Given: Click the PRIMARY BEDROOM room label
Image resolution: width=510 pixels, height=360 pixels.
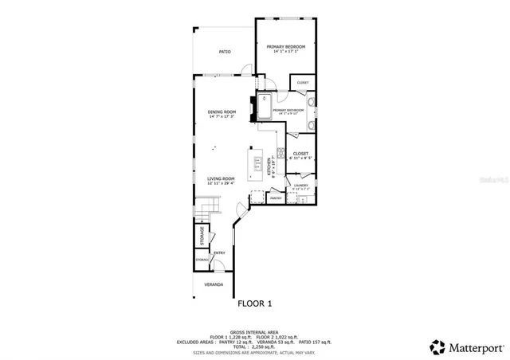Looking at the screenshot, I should pos(286,47).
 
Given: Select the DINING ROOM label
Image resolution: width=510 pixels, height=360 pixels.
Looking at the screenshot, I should pos(222,112).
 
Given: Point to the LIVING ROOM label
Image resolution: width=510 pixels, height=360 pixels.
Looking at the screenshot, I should pos(221,178).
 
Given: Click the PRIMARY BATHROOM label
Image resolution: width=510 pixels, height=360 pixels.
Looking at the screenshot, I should pos(288,110).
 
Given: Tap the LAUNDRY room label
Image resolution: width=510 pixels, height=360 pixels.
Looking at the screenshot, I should pos(300,185).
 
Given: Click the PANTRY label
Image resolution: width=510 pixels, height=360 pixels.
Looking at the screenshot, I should pos(276,198).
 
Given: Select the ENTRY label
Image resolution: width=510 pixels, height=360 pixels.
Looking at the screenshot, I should pos(218,253).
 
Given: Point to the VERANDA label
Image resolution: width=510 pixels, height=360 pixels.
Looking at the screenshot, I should pos(214,284).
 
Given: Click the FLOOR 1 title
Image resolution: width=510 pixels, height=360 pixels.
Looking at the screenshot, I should pos(255,303).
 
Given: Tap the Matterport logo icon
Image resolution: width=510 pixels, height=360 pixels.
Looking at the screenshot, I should pos(437,347).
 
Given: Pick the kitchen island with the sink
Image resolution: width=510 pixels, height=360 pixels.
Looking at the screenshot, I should pos(258,166).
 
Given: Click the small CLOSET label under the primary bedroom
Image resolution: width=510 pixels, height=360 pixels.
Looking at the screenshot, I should pos(303,83).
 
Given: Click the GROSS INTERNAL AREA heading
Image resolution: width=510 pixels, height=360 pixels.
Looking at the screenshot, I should pos(254,331).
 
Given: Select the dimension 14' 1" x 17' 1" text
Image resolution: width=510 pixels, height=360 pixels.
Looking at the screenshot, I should pos(286,53).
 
